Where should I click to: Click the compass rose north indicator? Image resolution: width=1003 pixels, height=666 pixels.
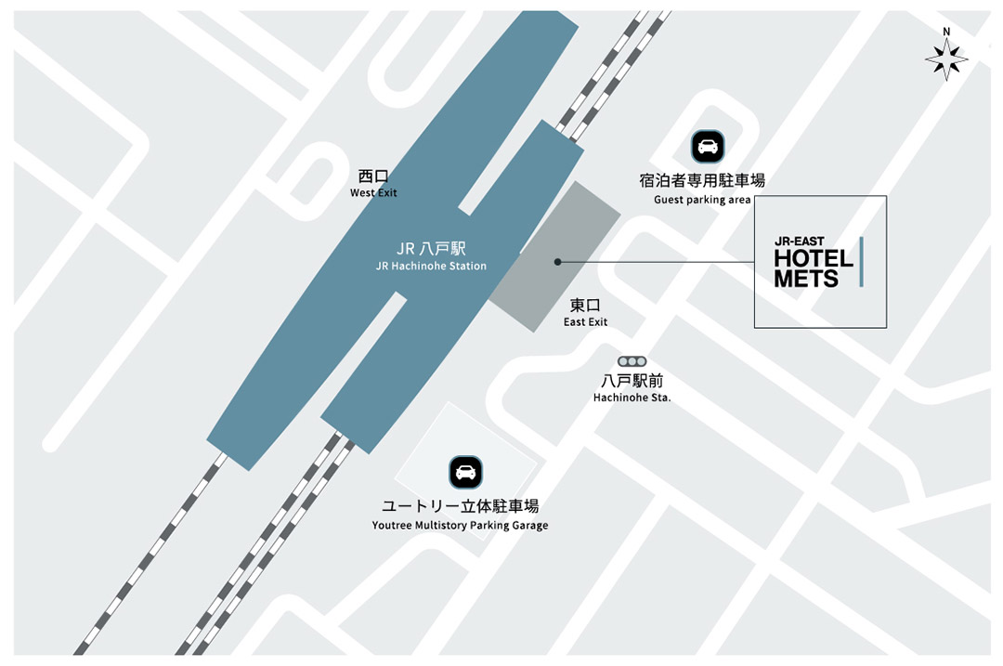(946, 57)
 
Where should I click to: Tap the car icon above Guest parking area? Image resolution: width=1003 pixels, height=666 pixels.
(707, 147)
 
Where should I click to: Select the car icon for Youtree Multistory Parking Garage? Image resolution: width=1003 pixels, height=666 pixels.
(465, 472)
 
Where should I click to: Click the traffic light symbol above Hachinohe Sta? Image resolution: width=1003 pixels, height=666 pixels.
(632, 361)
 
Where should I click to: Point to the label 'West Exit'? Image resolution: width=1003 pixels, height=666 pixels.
(373, 193)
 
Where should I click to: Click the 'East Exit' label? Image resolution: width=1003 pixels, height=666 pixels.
(585, 322)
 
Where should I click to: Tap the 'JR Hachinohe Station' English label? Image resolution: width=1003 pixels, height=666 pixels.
(431, 266)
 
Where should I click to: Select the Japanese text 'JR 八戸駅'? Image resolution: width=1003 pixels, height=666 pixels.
(431, 248)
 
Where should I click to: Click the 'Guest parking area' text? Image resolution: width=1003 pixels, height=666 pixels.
(702, 200)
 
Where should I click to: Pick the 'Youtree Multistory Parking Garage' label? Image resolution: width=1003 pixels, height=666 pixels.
(461, 526)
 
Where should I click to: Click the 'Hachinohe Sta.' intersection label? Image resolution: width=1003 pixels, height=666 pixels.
(632, 398)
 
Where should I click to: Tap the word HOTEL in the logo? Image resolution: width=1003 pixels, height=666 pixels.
(814, 258)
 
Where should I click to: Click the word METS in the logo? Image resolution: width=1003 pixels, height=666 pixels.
(806, 278)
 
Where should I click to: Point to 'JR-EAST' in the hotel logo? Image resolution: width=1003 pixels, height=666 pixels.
(800, 242)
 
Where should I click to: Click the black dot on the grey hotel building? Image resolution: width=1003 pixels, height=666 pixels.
(557, 262)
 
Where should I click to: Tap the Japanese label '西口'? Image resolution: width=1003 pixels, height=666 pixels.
(373, 176)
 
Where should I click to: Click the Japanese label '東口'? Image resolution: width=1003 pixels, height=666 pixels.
(585, 305)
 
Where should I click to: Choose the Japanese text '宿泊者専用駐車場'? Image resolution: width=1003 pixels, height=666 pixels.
(702, 181)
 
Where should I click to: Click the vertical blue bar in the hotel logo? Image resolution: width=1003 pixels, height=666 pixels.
(861, 261)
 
